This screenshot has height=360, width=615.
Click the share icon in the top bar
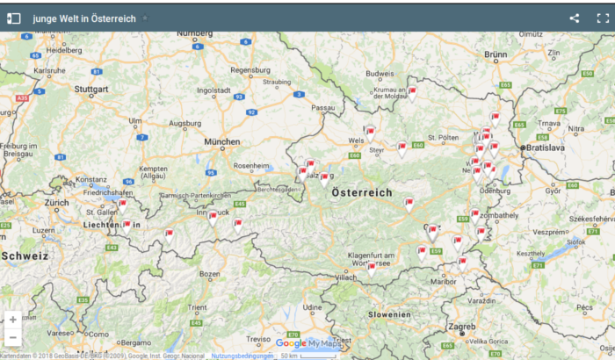click(x=575, y=18)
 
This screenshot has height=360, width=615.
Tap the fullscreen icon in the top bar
click(x=603, y=18)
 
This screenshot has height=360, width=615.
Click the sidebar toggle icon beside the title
click(x=14, y=18)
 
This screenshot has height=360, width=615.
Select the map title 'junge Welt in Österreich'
click(x=84, y=18)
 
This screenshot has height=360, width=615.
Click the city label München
click(x=221, y=141)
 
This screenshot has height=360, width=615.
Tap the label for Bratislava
click(x=546, y=148)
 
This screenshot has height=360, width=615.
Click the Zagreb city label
click(x=462, y=327)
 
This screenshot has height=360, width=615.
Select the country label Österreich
click(x=361, y=192)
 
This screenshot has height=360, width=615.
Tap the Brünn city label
click(x=496, y=54)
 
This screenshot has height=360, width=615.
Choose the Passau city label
click(x=323, y=107)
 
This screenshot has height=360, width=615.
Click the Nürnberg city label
click(x=194, y=33)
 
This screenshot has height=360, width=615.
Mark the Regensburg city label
click(x=249, y=70)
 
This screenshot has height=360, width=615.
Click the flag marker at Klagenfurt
click(x=371, y=267)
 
